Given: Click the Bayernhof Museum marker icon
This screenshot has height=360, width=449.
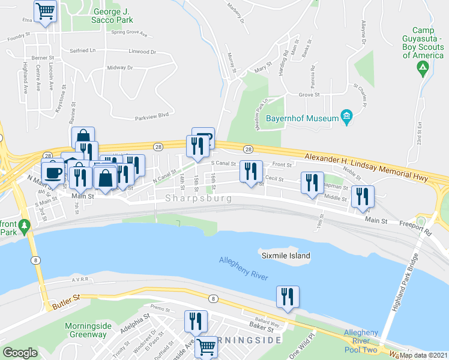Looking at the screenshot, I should pyautogui.click(x=346, y=116).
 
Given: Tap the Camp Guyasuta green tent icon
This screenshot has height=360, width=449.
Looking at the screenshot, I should pyautogui.click(x=423, y=68).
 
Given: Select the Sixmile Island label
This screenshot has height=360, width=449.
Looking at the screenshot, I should pyautogui.click(x=286, y=256).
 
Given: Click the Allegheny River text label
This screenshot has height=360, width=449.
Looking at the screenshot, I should pyautogui.click(x=243, y=268).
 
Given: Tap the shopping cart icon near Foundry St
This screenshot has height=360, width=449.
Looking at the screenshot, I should pyautogui.click(x=46, y=11).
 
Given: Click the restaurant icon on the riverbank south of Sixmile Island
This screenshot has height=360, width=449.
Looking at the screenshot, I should pyautogui.click(x=288, y=296).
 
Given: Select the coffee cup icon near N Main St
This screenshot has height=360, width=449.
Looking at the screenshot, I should pyautogui.click(x=53, y=172).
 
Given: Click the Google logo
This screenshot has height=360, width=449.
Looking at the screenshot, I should pyautogui.click(x=20, y=353).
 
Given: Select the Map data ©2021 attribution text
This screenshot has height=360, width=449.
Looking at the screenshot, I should pyautogui.click(x=423, y=355).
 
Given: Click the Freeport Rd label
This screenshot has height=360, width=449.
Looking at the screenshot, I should pyautogui.click(x=415, y=229).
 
